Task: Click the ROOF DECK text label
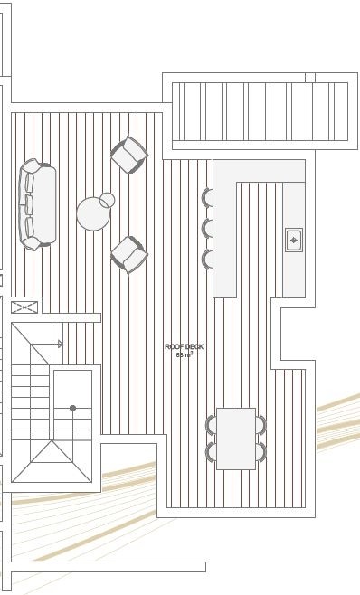pyautogui.click(x=185, y=346)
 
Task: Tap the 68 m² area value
pyautogui.click(x=185, y=354)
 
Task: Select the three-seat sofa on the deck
pyautogui.click(x=37, y=205)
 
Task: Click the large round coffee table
pyautogui.click(x=93, y=213)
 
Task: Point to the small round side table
pyautogui.click(x=107, y=200)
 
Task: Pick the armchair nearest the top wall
pyautogui.click(x=129, y=155)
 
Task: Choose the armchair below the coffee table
pyautogui.click(x=129, y=255)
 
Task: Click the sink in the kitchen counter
pyautogui.click(x=294, y=240)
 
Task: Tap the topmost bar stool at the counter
pyautogui.click(x=207, y=198)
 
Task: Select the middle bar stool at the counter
pyautogui.click(x=207, y=228)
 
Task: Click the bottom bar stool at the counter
pyautogui.click(x=207, y=259)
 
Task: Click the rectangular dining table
pyautogui.click(x=236, y=439)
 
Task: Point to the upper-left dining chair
pyautogui.click(x=211, y=425)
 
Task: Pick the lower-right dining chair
pyautogui.click(x=261, y=452)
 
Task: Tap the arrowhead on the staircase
pyautogui.click(x=60, y=345)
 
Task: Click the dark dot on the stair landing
pyautogui.click(x=72, y=409)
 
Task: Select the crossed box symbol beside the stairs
pyautogui.click(x=24, y=307)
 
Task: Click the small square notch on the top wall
pyautogui.click(x=310, y=78)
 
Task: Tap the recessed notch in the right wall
pyautogui.click(x=293, y=334)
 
